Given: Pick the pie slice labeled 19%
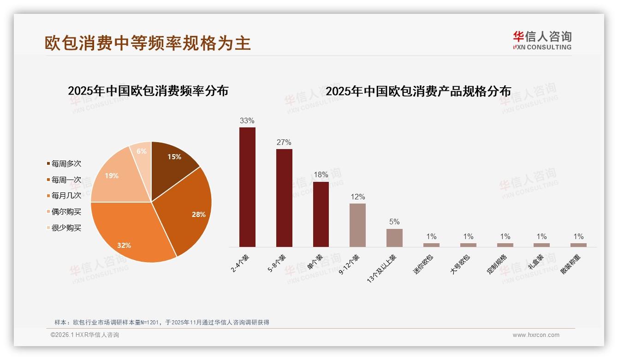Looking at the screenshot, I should pyautogui.click(x=113, y=178).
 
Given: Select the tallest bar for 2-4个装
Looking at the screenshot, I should pyautogui.click(x=247, y=187).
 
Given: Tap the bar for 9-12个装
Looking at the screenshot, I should pyautogui.click(x=357, y=225).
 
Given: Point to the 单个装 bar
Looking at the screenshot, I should pyautogui.click(x=321, y=214).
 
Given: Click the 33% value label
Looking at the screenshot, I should pyautogui.click(x=247, y=120).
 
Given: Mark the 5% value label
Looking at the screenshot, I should pyautogui.click(x=394, y=222).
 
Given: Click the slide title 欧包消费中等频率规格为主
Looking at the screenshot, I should pyautogui.click(x=148, y=43).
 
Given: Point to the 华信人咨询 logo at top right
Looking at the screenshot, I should pyautogui.click(x=542, y=40).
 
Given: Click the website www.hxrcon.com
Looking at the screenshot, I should pyautogui.click(x=536, y=335).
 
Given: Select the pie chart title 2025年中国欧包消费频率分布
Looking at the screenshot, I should pyautogui.click(x=148, y=90).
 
